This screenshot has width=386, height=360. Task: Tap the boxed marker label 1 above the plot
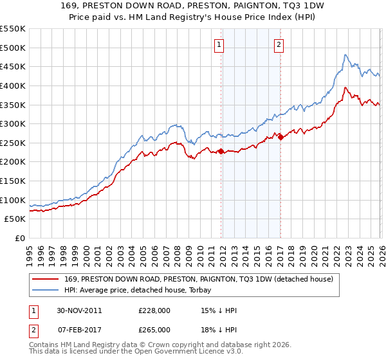coord(219,44)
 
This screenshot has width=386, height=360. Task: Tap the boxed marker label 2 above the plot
coord(279,44)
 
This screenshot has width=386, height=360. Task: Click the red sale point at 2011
coord(221,152)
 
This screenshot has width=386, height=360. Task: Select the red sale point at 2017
coord(280,137)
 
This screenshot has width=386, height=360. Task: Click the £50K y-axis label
coord(15,219)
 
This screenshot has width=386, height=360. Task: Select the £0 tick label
coord(21,239)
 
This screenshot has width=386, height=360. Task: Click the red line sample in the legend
coord(45,279)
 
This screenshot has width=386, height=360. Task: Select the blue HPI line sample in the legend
coord(45,290)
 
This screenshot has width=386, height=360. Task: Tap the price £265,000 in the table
coord(154,330)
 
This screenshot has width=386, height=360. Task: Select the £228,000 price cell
coord(154,310)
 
